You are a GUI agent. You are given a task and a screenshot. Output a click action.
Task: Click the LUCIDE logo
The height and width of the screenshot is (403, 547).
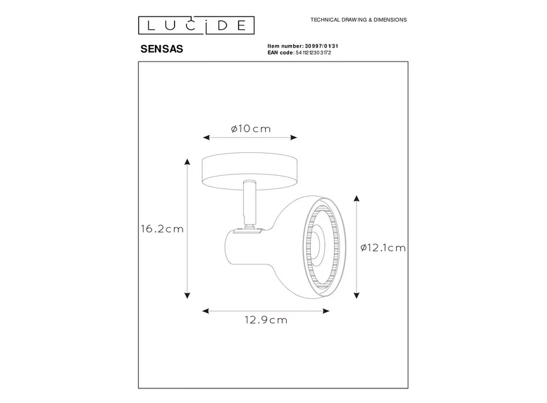[x=196, y=25]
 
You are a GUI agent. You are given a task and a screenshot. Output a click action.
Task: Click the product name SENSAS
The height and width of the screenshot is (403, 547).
[x=161, y=49]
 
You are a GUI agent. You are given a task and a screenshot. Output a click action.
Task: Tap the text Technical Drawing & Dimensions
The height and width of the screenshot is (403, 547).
[x=358, y=20]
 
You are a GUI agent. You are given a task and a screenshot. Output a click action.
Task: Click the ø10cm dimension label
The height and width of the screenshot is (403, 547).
[x=251, y=129]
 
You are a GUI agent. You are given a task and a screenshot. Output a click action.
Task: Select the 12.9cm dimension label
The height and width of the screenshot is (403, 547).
[x=267, y=320]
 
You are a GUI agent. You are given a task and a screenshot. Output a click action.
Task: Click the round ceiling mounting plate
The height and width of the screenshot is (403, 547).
[x=249, y=168]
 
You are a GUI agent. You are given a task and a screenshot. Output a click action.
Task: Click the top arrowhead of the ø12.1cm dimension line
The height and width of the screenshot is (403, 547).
[x=357, y=199]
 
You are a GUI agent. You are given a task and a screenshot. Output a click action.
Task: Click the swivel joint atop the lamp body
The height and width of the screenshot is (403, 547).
[x=247, y=230]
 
